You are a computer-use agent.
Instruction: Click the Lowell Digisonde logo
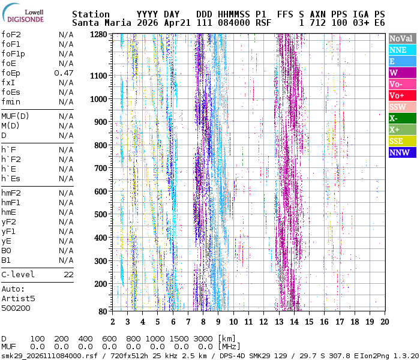(x=23, y=13)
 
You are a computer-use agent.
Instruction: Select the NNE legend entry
(x=403, y=50)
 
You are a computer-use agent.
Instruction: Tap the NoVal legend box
(x=403, y=38)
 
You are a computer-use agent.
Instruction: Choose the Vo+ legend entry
(x=403, y=95)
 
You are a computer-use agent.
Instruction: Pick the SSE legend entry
(x=403, y=141)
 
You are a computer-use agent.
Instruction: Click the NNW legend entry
(x=403, y=152)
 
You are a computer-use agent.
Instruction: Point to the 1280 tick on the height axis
(x=98, y=35)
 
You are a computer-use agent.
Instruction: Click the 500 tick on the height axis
(x=101, y=215)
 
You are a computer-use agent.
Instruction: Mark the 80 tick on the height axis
(x=103, y=311)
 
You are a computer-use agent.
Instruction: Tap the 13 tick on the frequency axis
(x=279, y=322)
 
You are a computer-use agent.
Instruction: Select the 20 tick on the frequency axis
(x=385, y=322)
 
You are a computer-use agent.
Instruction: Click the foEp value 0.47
(x=64, y=73)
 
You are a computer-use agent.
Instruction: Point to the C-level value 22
(x=68, y=275)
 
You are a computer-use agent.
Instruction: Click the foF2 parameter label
(x=11, y=35)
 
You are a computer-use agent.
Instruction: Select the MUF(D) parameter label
(x=15, y=116)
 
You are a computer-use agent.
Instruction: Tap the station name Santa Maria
(x=102, y=23)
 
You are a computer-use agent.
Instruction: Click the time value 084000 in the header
(x=234, y=23)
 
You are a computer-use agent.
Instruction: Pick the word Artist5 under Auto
(x=18, y=299)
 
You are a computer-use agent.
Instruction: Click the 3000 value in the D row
(x=205, y=339)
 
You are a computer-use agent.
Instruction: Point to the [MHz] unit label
(x=229, y=347)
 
